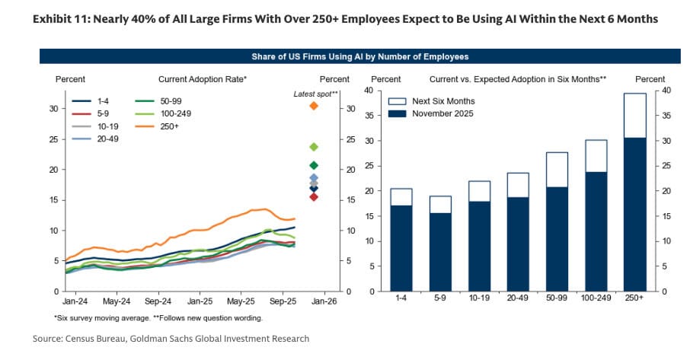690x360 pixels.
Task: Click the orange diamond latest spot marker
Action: click(x=313, y=106)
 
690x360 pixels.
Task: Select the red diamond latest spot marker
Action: click(x=313, y=197)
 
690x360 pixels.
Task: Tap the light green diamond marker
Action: click(x=313, y=147)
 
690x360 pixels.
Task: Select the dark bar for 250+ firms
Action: click(x=634, y=214)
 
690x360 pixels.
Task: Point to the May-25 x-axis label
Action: click(x=241, y=302)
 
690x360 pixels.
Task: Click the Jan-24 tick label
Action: click(x=75, y=302)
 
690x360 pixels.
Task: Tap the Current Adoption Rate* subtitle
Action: click(x=202, y=79)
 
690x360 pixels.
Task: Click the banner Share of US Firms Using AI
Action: click(x=359, y=56)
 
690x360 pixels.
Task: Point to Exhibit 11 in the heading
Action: click(x=58, y=18)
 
